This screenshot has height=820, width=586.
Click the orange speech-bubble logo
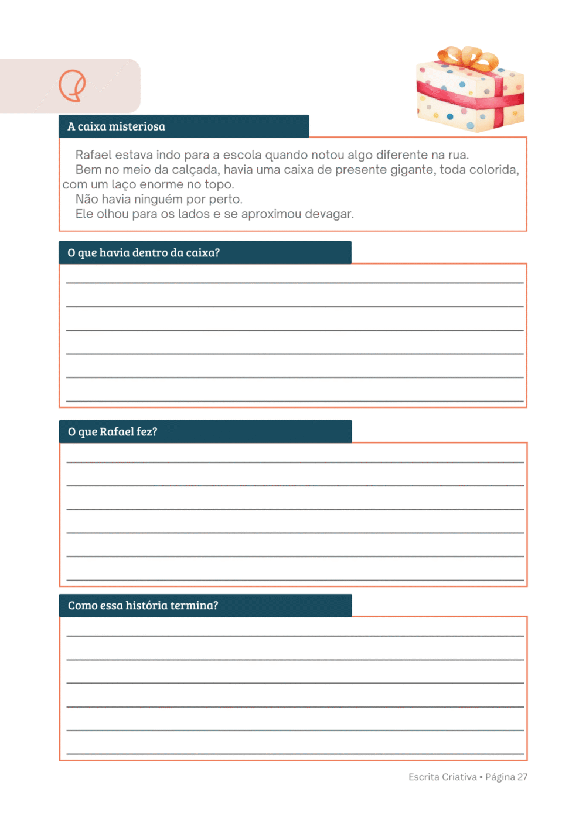pos(72,85)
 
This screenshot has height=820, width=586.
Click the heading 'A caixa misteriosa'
pos(116,126)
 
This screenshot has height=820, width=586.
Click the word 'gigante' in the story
pos(411,170)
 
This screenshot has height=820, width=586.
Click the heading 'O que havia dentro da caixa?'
pos(144,253)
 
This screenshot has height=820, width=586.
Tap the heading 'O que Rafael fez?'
pos(113,432)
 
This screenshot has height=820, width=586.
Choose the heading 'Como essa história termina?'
pos(143,606)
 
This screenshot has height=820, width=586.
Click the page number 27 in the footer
pos(522,777)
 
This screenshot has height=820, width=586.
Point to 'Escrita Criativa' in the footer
pos(442,777)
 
